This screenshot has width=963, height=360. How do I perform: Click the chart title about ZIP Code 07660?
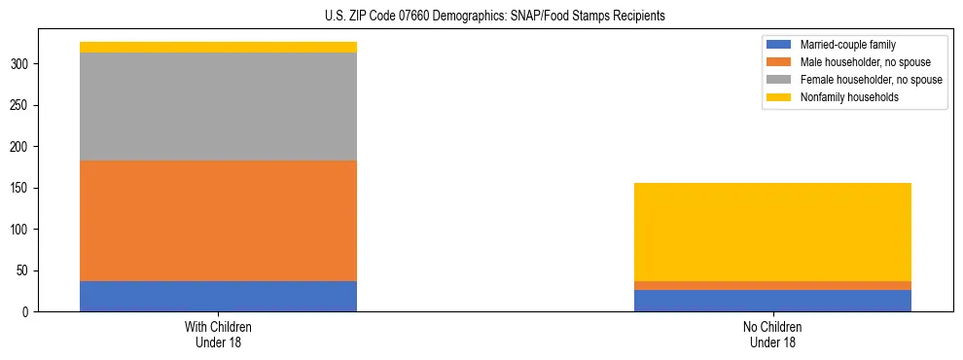point(495,17)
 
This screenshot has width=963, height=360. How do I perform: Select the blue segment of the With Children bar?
point(218,296)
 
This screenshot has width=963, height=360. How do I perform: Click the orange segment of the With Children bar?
point(218,221)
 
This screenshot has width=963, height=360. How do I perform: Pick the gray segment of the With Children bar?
point(218,106)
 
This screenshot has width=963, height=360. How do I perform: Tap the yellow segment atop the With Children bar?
point(218,47)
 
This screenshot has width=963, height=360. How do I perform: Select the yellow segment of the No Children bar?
point(772,232)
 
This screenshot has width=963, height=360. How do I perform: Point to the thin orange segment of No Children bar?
point(772,285)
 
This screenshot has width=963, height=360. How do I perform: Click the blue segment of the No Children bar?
point(772,301)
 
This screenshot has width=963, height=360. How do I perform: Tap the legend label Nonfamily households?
point(842,97)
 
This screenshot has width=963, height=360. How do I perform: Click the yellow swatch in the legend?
point(779,97)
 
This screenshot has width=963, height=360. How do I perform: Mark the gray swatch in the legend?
point(779,80)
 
